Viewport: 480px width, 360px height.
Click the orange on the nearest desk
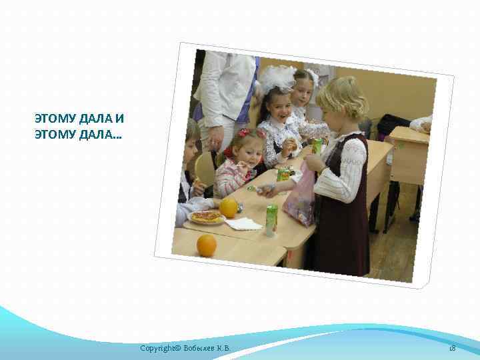point(206,245)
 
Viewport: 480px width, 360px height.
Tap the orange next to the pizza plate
point(229,207)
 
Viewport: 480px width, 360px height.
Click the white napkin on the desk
point(243,223)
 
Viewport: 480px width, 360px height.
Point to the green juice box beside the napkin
point(271,219)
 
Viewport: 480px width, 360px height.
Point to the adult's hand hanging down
point(215,138)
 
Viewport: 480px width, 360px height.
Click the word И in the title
point(119,119)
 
